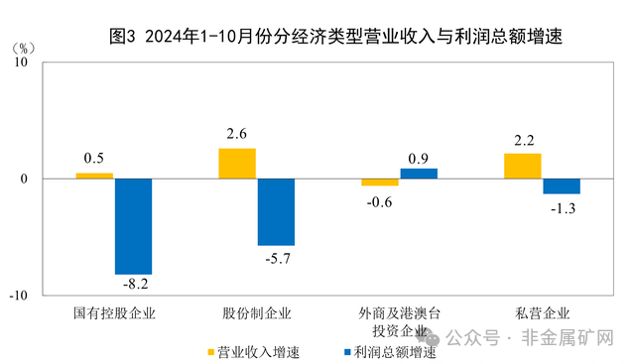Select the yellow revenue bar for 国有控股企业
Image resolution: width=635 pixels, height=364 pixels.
[94, 176]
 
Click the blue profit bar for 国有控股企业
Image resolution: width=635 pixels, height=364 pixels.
[133, 226]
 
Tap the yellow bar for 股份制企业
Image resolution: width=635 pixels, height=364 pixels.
[237, 164]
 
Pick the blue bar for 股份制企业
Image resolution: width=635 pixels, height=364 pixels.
[276, 211]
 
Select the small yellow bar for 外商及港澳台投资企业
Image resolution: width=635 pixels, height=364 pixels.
[379, 182]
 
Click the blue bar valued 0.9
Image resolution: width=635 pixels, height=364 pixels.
[419, 174]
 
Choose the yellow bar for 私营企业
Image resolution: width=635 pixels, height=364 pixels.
[523, 166]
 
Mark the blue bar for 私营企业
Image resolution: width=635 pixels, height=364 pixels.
[562, 186]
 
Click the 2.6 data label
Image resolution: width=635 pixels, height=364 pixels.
[236, 135]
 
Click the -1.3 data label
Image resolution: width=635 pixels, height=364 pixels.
[562, 206]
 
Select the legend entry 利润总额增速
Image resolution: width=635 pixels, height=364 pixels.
[387, 351]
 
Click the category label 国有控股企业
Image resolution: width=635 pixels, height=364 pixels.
[115, 313]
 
